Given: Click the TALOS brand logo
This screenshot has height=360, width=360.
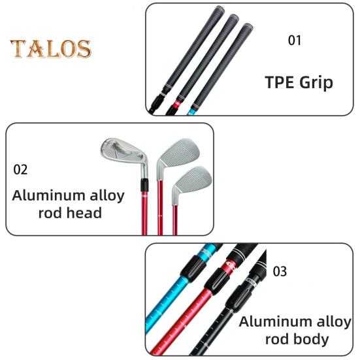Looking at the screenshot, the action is (51, 48).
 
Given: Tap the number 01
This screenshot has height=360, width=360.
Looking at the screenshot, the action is (294, 41).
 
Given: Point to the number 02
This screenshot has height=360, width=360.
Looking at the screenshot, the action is (20, 170).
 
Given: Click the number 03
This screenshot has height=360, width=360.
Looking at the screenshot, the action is (280, 271).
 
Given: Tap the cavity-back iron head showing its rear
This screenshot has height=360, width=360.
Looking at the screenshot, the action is (124, 153).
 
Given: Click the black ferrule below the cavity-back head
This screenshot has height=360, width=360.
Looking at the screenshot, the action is (144, 185).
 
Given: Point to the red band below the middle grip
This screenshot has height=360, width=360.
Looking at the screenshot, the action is (178, 105).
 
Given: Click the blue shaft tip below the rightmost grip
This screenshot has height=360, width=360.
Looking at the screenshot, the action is (191, 112).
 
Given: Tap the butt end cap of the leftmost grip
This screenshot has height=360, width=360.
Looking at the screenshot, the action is (219, 9).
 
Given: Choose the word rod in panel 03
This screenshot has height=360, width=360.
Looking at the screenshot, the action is (274, 339).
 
